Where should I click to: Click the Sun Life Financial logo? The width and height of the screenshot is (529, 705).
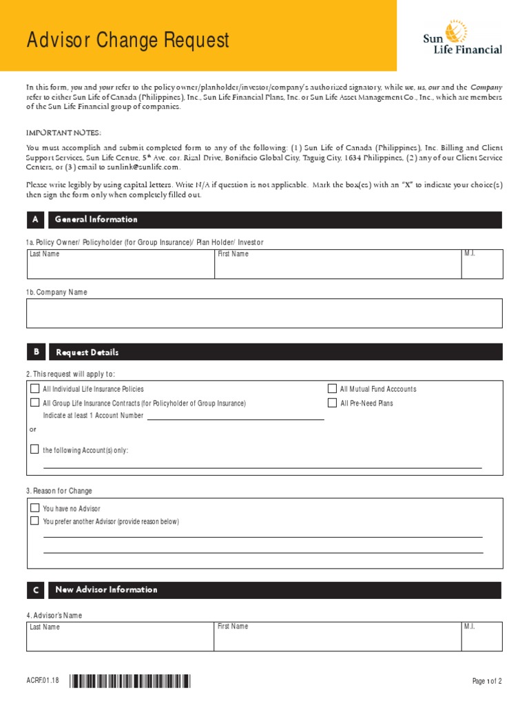point(462,38)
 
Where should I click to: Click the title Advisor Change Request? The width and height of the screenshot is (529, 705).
point(127,41)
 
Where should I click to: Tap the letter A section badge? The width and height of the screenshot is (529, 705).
point(35,220)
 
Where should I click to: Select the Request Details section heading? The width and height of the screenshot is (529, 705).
point(87,352)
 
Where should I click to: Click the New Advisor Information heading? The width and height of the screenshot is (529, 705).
point(106,590)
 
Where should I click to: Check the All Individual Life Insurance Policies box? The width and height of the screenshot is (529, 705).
point(35,389)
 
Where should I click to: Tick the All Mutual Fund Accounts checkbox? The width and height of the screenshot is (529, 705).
point(332,389)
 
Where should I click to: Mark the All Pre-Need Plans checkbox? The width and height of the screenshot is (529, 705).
point(332,403)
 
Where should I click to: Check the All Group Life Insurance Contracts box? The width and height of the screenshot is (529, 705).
point(35,403)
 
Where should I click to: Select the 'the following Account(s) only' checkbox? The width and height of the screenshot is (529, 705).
point(35,450)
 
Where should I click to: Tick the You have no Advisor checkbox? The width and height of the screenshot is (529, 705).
point(35,508)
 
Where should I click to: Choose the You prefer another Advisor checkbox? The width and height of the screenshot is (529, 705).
point(35,521)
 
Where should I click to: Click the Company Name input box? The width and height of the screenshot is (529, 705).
point(264,313)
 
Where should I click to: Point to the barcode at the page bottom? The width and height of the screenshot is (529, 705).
point(130,682)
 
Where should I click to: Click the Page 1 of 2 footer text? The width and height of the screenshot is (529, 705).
point(486,682)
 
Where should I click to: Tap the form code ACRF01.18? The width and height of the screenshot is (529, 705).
point(43,681)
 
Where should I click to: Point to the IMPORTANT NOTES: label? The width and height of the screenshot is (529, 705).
point(63,132)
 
